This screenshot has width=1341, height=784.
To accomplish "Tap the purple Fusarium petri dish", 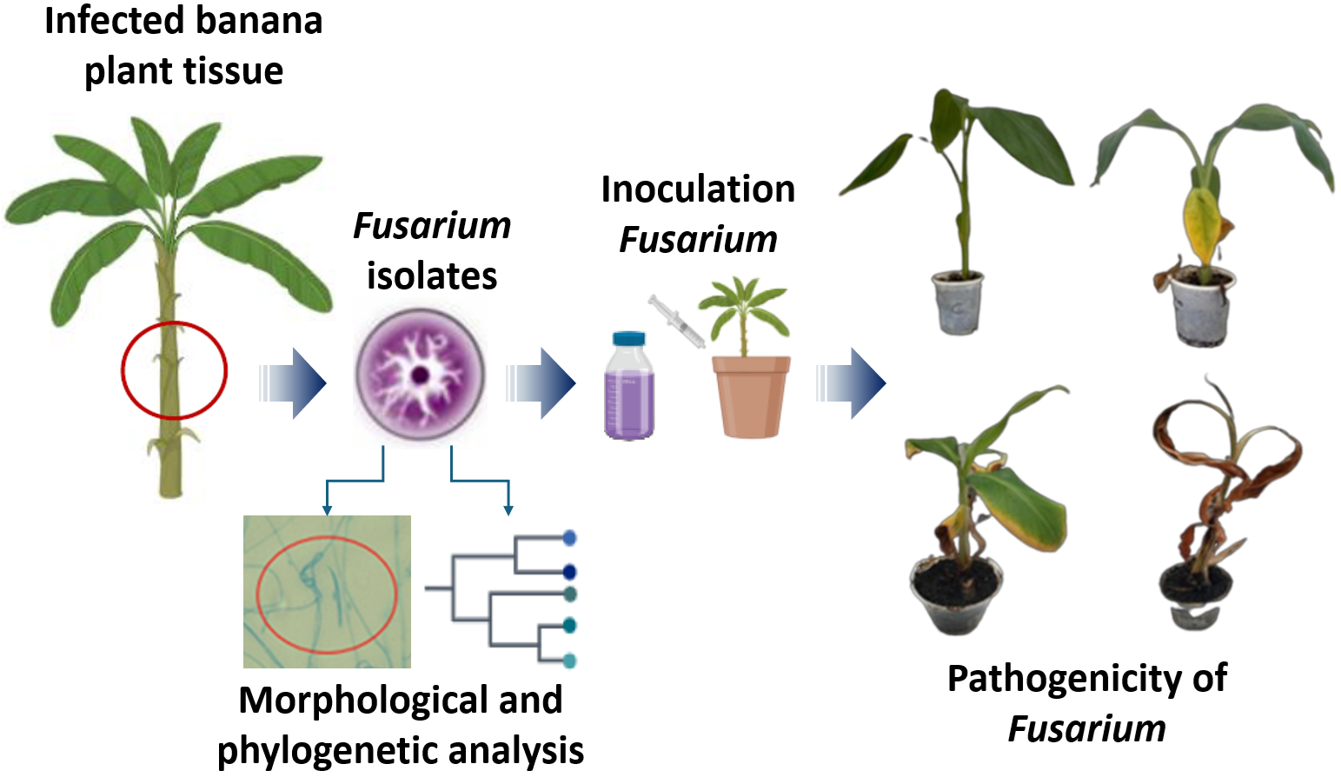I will click(x=420, y=375).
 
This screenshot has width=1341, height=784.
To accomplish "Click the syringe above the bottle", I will click(x=676, y=321).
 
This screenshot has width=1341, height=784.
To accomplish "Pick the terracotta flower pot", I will click(x=751, y=395).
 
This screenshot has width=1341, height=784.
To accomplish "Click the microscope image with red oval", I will click(x=327, y=592).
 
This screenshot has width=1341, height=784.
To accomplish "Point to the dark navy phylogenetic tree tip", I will click(x=570, y=572).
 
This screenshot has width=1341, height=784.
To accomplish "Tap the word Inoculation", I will click(x=698, y=189).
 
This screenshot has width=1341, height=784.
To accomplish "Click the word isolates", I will click(x=432, y=276).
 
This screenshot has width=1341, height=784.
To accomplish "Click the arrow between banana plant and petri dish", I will click(x=294, y=383).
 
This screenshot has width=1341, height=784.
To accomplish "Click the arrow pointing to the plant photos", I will click(x=852, y=383).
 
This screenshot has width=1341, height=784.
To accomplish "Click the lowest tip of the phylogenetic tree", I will click(x=570, y=661).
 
